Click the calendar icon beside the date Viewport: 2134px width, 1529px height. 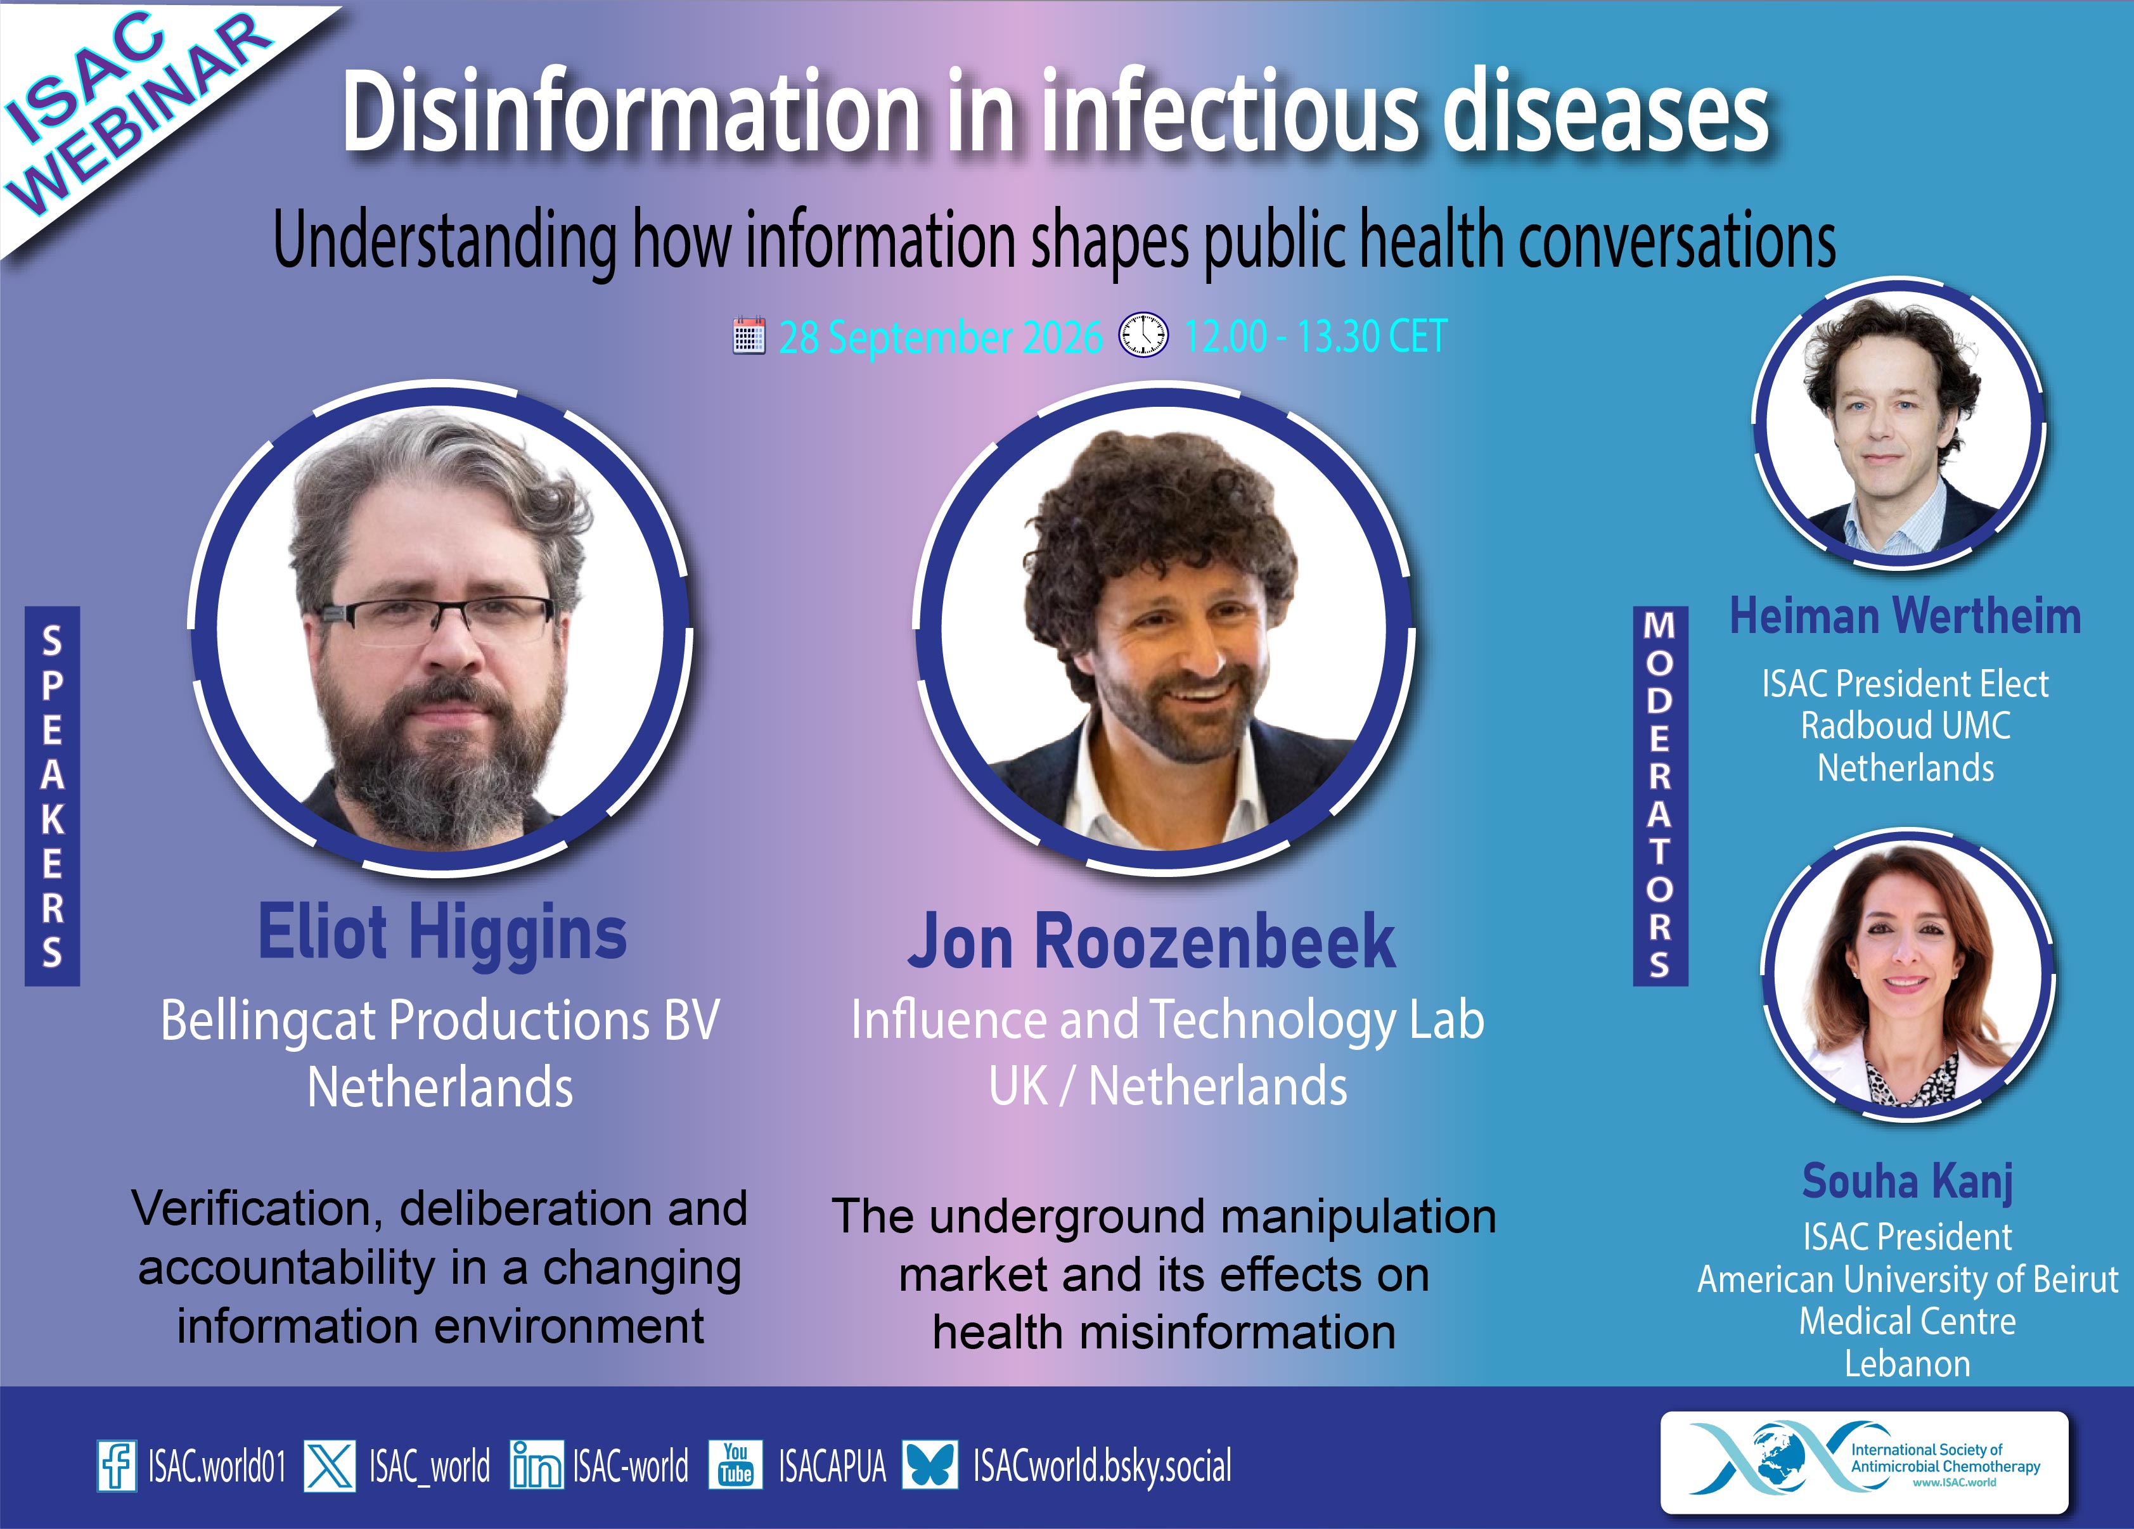(749, 336)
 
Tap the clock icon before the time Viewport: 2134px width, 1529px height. (1143, 335)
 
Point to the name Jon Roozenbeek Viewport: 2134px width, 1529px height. (1151, 941)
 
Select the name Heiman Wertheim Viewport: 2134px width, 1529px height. (1905, 617)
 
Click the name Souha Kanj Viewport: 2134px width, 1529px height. (1907, 1182)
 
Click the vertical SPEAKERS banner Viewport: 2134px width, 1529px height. (53, 796)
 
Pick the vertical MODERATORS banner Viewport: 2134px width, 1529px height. (1661, 796)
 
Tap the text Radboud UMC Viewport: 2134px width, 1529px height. (1905, 726)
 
